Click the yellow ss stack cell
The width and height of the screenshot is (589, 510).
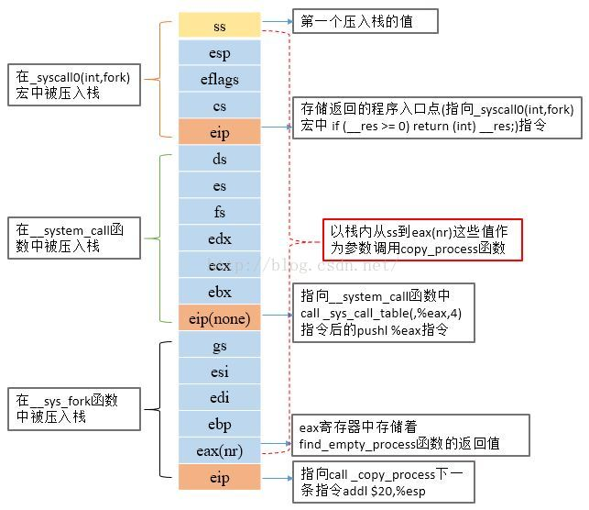220,26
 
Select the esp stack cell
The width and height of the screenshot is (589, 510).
220,53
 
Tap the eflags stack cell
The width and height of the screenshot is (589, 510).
220,80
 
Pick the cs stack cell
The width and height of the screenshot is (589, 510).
220,106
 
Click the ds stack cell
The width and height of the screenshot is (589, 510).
220,160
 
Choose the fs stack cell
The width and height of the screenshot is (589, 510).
220,213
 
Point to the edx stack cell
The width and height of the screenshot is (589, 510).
220,239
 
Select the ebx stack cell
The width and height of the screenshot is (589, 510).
220,293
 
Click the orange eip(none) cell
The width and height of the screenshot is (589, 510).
220,319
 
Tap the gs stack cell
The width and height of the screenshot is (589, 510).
220,346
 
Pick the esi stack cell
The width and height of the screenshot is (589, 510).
220,371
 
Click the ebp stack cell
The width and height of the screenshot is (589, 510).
220,425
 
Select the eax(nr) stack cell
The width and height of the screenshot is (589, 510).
220,451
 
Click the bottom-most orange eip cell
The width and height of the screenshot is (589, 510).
220,478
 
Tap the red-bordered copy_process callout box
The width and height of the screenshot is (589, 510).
422,239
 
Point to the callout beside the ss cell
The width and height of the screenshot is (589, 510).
365,20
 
